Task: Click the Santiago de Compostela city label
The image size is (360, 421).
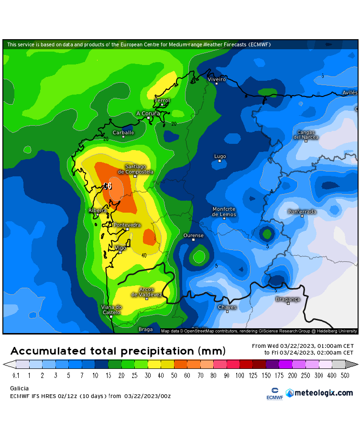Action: (136, 169)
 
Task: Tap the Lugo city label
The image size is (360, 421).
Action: (220, 156)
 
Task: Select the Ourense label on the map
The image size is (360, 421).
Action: (194, 235)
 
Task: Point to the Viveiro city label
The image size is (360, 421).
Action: (217, 78)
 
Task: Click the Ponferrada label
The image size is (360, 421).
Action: (302, 211)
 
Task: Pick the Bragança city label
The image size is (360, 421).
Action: (288, 299)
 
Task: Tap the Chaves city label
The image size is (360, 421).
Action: (227, 307)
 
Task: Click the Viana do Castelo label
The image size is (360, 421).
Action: (111, 310)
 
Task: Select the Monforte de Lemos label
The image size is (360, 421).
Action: (224, 212)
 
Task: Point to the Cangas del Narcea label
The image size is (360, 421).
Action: (306, 135)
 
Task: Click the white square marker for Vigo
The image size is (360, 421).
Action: (120, 252)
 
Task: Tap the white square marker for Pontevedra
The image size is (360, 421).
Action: (127, 229)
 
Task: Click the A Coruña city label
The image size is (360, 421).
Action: (148, 113)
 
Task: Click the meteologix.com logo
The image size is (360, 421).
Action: (319, 393)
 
